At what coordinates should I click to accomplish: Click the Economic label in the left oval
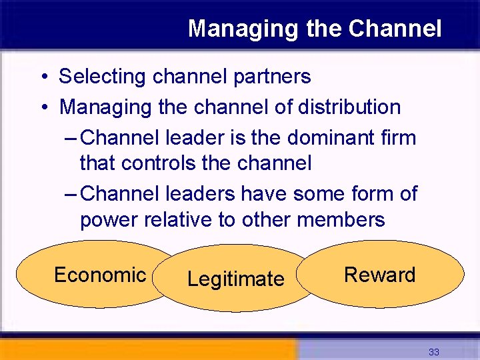tap(100, 275)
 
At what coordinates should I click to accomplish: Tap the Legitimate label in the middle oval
tap(235, 279)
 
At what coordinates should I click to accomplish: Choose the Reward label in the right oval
tap(379, 275)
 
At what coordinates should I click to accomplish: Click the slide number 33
tap(434, 352)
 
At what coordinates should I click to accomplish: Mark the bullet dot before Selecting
tap(42, 77)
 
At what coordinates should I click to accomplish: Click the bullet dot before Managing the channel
tap(42, 107)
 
